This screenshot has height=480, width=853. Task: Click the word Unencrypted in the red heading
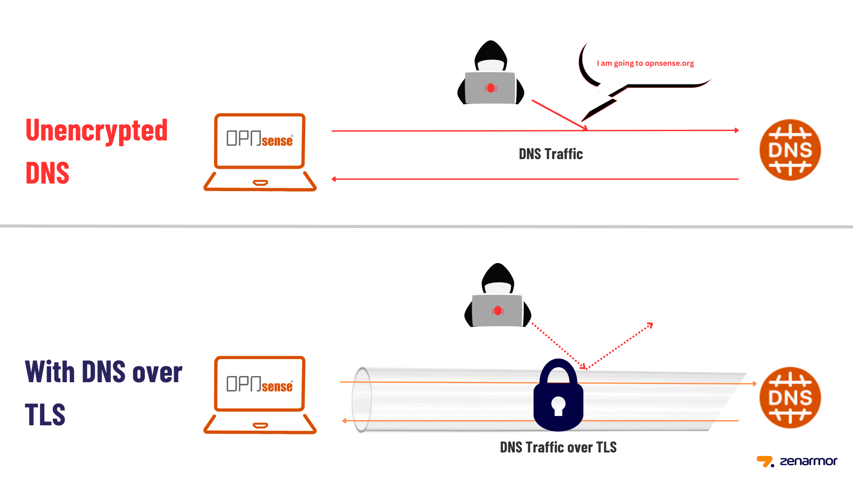[96, 131]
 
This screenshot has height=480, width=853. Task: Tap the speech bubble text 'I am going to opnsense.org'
[645, 63]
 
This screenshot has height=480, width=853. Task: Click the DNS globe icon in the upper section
[790, 150]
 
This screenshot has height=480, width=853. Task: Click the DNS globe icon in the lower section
[790, 397]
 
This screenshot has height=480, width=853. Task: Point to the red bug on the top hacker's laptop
[491, 88]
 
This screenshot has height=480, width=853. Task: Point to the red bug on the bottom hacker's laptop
[498, 311]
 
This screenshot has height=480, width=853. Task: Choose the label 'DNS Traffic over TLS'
[558, 447]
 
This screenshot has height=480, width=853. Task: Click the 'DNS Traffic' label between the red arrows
[550, 154]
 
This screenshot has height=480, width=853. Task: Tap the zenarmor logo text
[808, 461]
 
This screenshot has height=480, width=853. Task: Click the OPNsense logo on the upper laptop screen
[259, 139]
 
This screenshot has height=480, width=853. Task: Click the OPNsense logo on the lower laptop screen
[259, 384]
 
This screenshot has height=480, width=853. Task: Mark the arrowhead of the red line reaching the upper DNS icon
[737, 130]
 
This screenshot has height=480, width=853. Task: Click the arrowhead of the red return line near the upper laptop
[334, 179]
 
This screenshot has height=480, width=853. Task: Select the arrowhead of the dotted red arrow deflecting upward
[650, 325]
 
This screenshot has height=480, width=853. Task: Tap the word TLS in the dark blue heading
[45, 415]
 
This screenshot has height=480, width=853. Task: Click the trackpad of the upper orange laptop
[260, 182]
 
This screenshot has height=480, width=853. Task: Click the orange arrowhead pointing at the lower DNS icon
[754, 383]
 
